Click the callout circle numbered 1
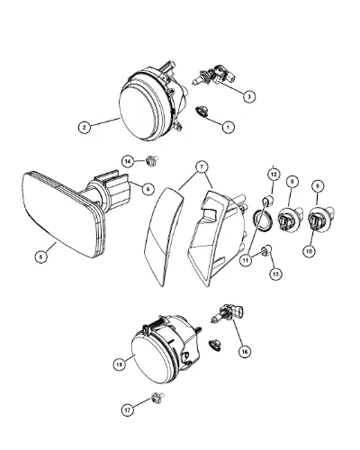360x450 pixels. tap(228, 127)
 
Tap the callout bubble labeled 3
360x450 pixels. tap(249, 96)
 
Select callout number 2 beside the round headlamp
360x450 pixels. tap(85, 127)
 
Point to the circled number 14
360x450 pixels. tap(128, 161)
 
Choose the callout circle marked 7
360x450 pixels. tap(202, 167)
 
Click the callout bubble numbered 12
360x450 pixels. tap(274, 175)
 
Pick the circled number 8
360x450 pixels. tap(292, 181)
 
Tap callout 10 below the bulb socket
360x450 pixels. tap(309, 251)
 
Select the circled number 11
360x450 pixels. tap(246, 260)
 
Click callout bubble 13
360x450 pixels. tap(275, 274)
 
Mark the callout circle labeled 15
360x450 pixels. tap(119, 364)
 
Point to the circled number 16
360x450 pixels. tap(245, 351)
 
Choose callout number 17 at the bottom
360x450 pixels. tap(128, 410)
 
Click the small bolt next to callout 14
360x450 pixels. tap(151, 161)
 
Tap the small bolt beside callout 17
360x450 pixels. tap(157, 399)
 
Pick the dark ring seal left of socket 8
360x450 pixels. tap(264, 222)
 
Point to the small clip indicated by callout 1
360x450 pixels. tap(202, 112)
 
